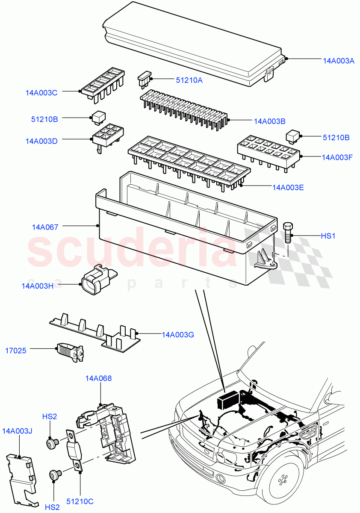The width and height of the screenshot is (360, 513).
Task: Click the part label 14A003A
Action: pyautogui.click(x=339, y=61)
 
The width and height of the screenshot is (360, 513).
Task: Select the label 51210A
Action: pyautogui.click(x=189, y=80)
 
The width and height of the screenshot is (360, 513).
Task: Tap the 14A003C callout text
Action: pyautogui.click(x=41, y=92)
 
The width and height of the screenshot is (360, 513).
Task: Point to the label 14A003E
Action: pyautogui.click(x=288, y=187)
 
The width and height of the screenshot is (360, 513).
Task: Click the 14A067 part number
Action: pyautogui.click(x=45, y=227)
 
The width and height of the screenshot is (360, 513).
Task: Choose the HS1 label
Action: pyautogui.click(x=329, y=236)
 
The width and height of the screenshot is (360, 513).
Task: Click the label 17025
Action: pyautogui.click(x=15, y=351)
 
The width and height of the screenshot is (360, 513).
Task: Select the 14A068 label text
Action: pyautogui.click(x=98, y=378)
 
